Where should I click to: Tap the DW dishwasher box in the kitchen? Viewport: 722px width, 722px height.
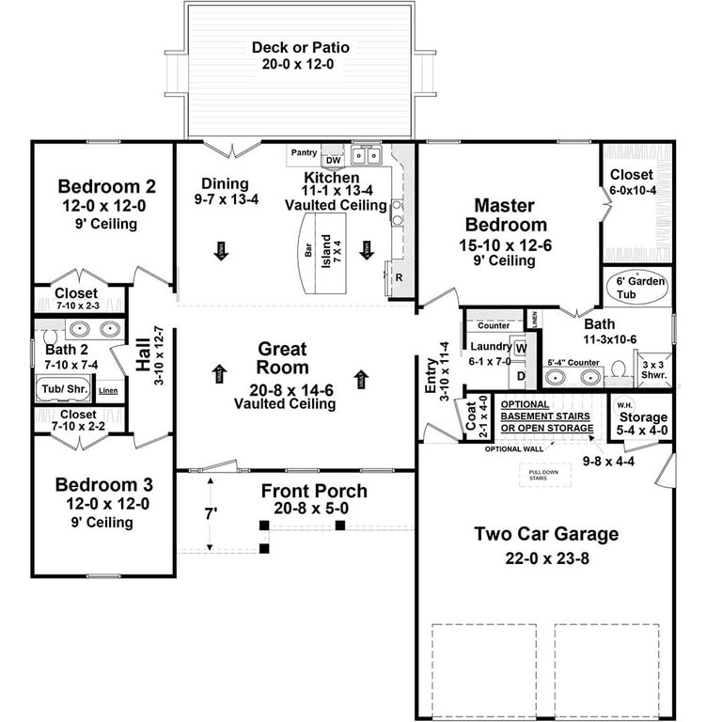332,159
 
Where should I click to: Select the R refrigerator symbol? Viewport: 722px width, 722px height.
399,278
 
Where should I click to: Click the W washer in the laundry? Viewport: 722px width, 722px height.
520,348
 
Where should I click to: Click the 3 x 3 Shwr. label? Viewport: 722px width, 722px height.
652,368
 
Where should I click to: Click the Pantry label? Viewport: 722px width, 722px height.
304,152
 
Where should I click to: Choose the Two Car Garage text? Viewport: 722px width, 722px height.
546,534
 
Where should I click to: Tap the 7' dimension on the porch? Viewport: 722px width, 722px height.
212,514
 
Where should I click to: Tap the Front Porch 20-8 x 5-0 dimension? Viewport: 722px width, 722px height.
314,509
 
